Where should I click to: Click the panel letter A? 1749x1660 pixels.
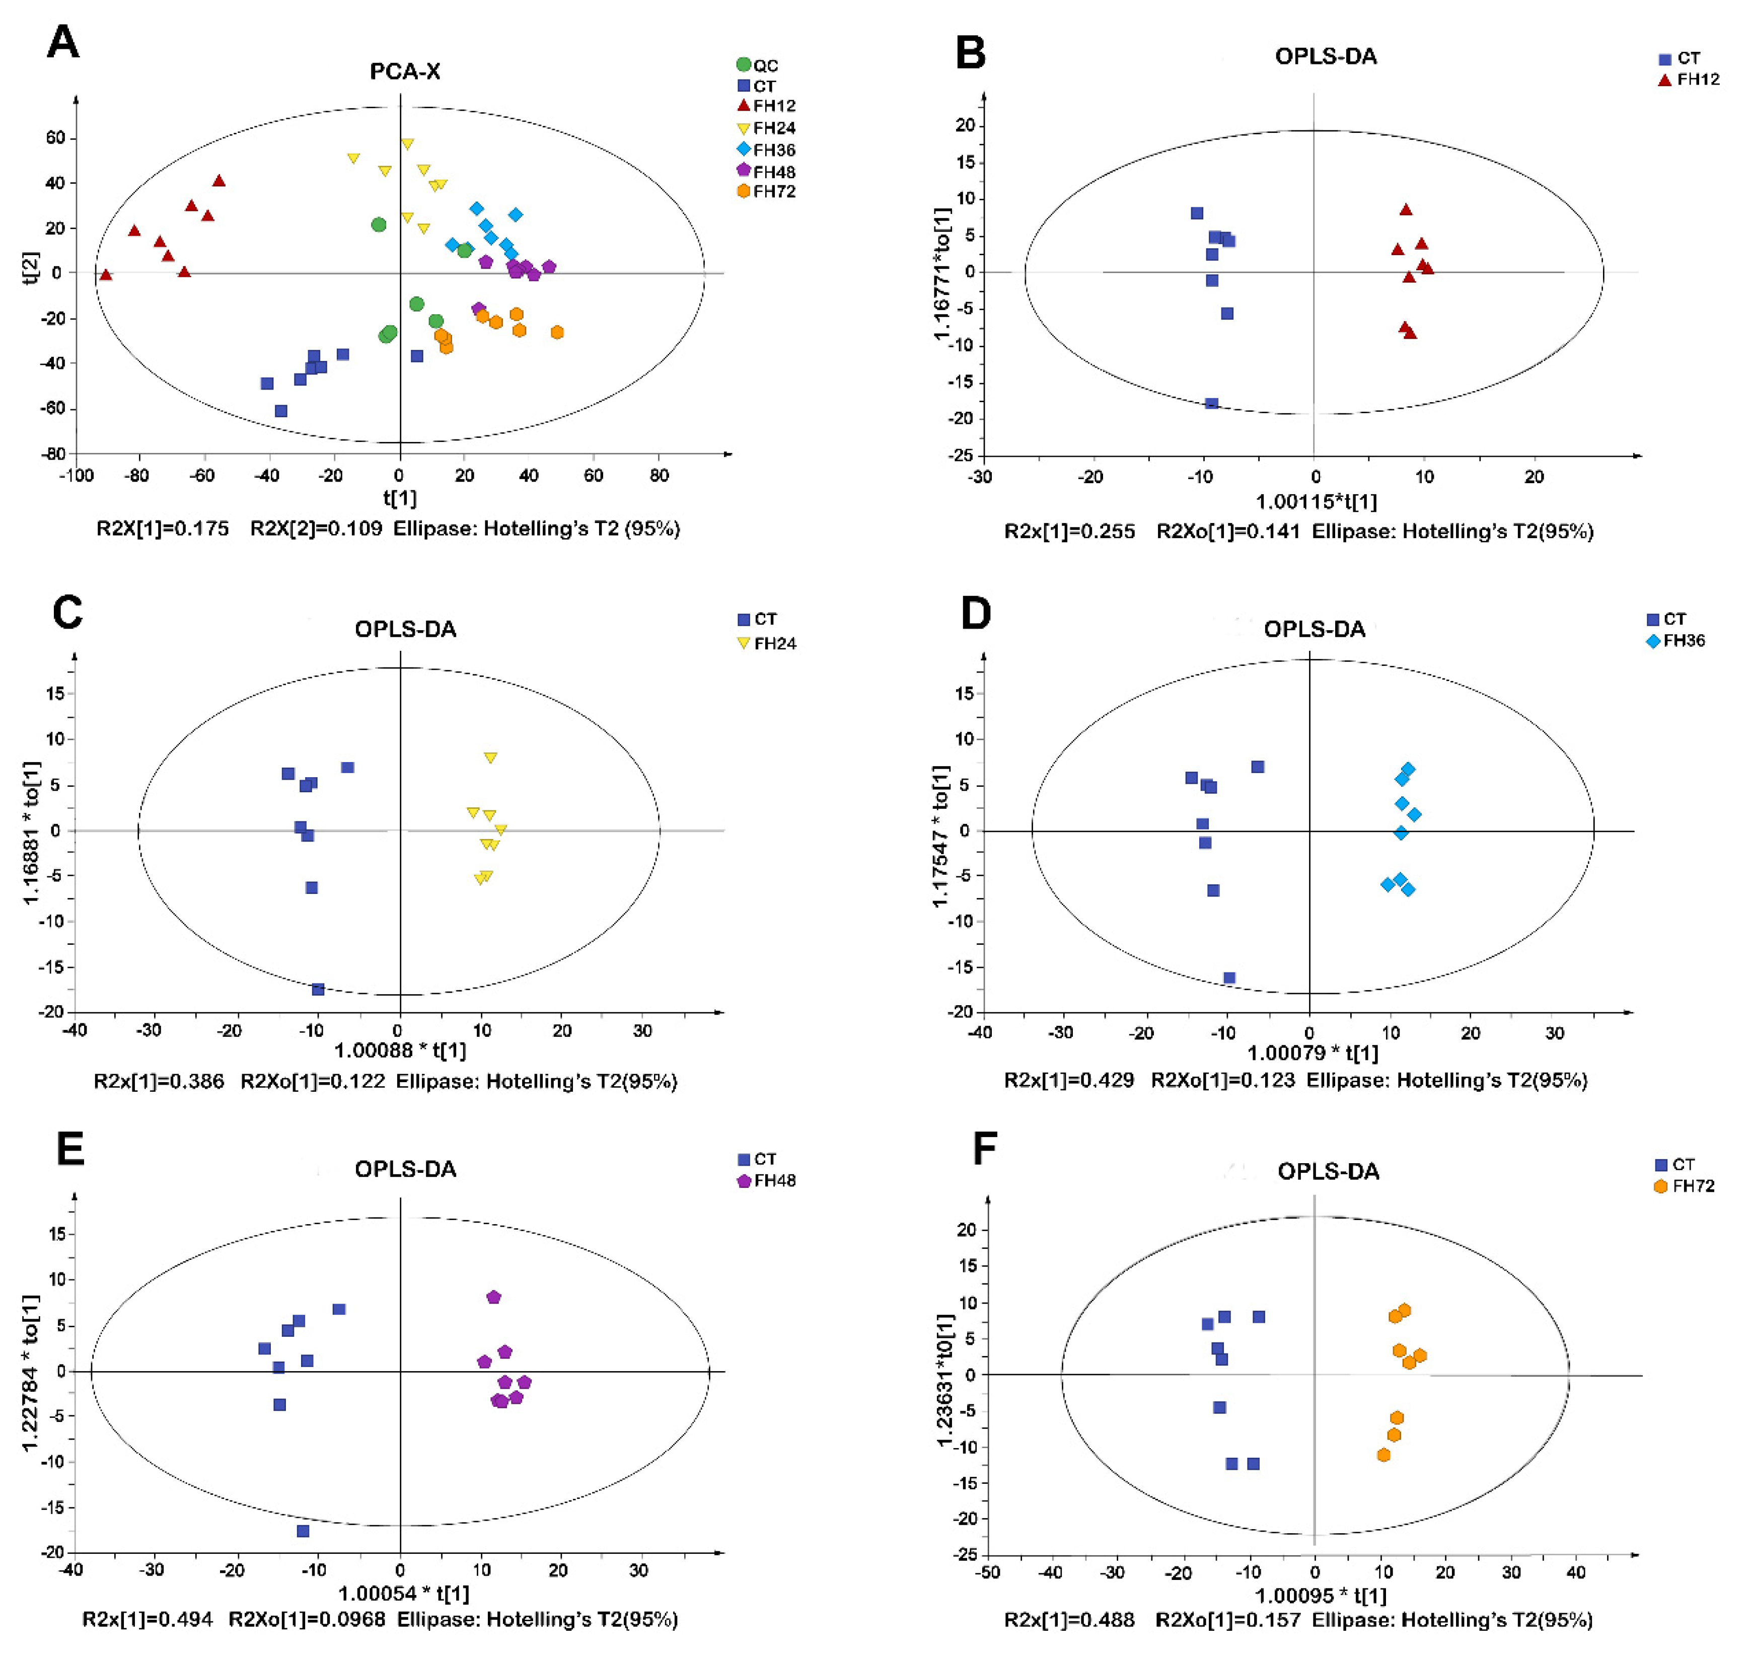(63, 42)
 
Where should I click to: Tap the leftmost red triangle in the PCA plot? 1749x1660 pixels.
(106, 275)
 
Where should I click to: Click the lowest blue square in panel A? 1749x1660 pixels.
(280, 411)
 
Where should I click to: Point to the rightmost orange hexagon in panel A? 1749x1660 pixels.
(557, 333)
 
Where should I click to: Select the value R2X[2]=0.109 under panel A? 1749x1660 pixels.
(316, 529)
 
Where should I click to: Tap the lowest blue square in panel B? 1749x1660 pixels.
(1212, 404)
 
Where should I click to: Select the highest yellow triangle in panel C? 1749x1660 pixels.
(490, 758)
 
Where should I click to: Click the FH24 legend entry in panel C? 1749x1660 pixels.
(767, 643)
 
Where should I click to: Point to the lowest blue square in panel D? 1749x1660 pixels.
(1228, 978)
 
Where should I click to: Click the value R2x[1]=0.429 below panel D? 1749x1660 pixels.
(1068, 1081)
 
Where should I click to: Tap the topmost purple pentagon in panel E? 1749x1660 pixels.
(494, 1297)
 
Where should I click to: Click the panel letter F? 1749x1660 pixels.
(984, 1150)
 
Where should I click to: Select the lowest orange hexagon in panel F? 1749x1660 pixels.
(1383, 1455)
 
